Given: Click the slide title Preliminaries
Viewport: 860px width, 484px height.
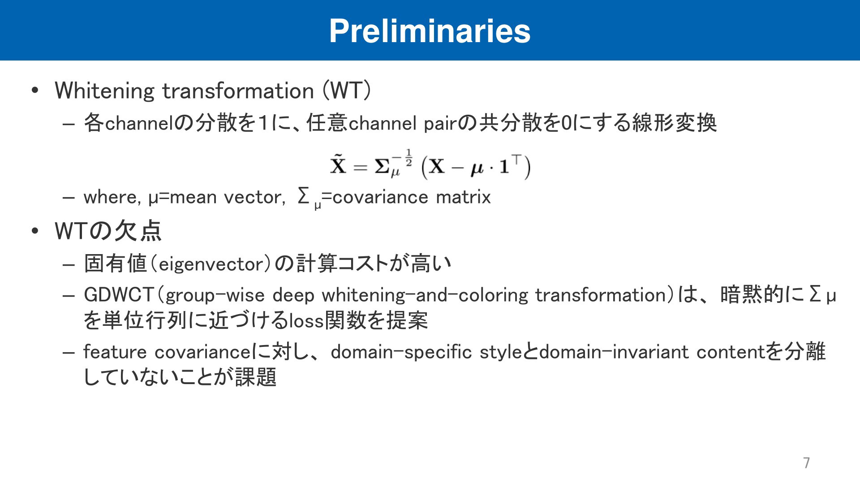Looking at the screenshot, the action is [x=430, y=31].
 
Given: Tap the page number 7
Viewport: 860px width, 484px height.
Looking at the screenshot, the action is [x=806, y=462].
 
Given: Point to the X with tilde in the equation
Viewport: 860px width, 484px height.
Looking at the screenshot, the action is [x=338, y=164].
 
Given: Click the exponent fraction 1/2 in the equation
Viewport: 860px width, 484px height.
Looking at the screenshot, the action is [x=408, y=158].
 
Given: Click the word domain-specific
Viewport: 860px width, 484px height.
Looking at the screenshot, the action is [x=401, y=352].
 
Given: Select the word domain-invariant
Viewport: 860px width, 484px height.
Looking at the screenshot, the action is [x=614, y=352].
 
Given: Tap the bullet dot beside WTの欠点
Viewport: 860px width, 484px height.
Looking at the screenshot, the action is [x=35, y=232].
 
